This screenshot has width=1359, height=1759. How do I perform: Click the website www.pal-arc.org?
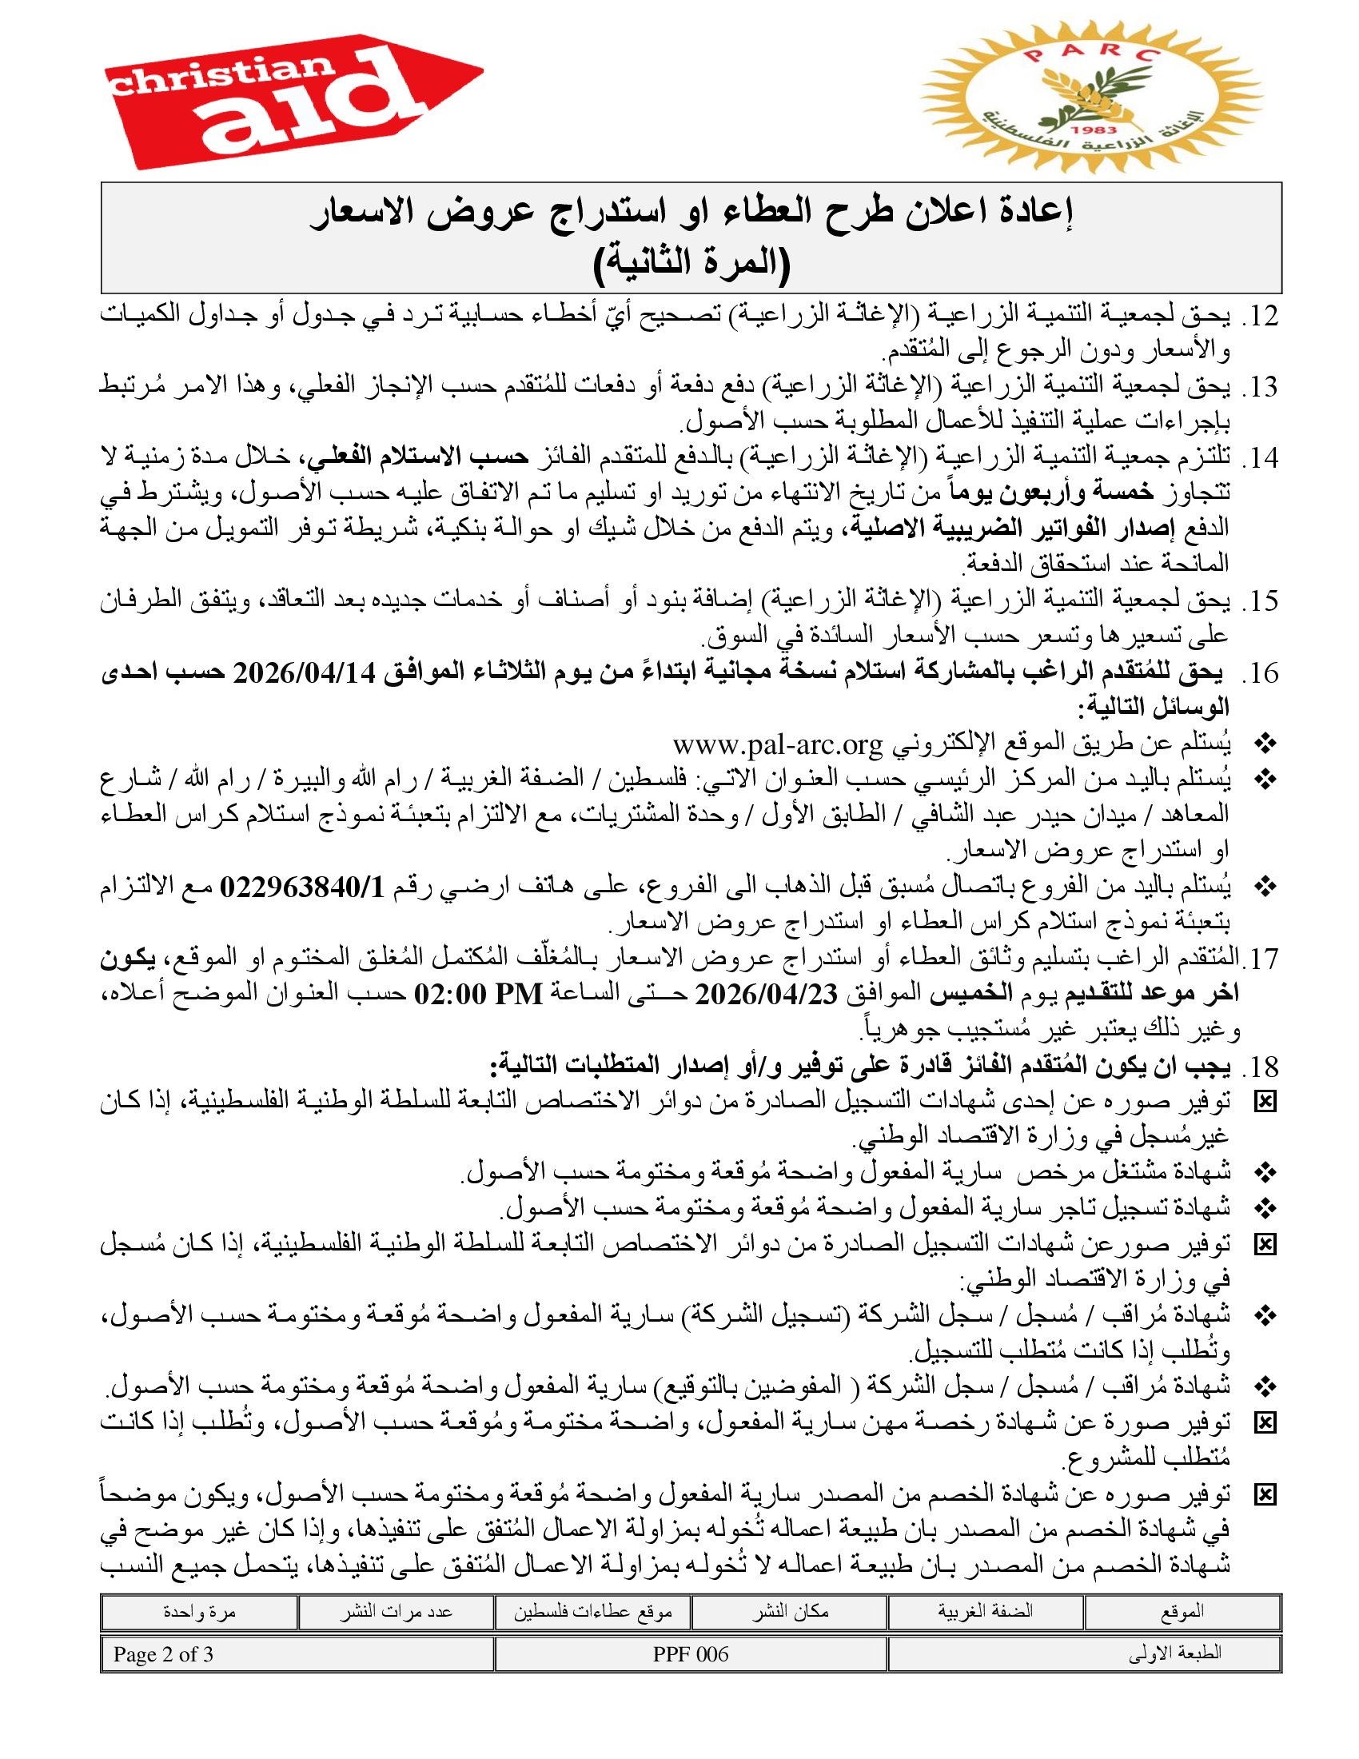point(778,744)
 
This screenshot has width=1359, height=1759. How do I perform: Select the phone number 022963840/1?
point(303,887)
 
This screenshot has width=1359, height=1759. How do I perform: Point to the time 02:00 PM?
point(478,994)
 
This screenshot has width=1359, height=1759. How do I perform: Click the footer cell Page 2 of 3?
point(163,1654)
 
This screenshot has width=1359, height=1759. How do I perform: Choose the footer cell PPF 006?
point(691,1654)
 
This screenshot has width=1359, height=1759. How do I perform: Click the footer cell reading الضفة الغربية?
point(985,1612)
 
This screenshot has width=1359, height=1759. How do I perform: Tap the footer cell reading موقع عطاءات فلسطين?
point(592,1612)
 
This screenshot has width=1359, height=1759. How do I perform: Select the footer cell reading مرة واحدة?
point(199,1612)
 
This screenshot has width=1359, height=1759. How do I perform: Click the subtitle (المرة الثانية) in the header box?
point(691,262)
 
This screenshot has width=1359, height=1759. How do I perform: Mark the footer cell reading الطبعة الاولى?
point(1174,1654)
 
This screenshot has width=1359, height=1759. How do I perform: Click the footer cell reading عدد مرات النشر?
point(395,1612)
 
